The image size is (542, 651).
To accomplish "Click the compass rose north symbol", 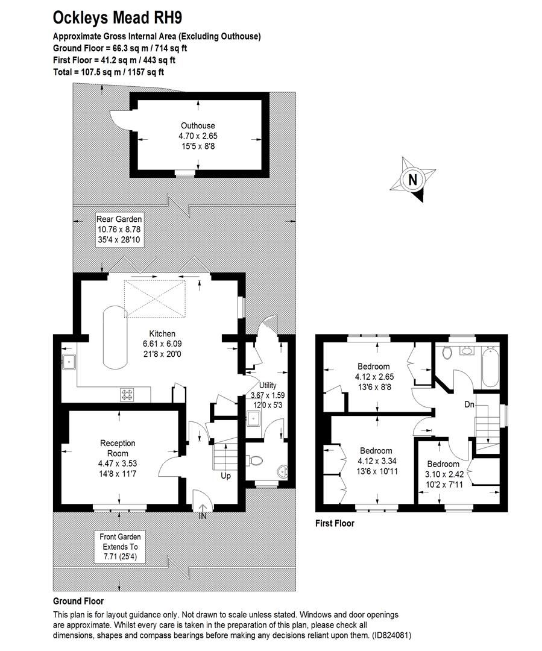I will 413,179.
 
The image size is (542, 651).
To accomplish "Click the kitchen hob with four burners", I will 128,394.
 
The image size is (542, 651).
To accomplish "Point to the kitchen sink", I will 68,362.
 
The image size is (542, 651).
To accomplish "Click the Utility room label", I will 267,385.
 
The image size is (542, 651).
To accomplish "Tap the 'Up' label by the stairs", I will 225,476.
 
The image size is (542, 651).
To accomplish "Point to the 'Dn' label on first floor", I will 470,405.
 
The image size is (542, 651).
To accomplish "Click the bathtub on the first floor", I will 490,368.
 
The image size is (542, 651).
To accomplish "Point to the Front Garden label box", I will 119,546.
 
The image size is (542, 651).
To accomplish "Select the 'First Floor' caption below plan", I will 335,523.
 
